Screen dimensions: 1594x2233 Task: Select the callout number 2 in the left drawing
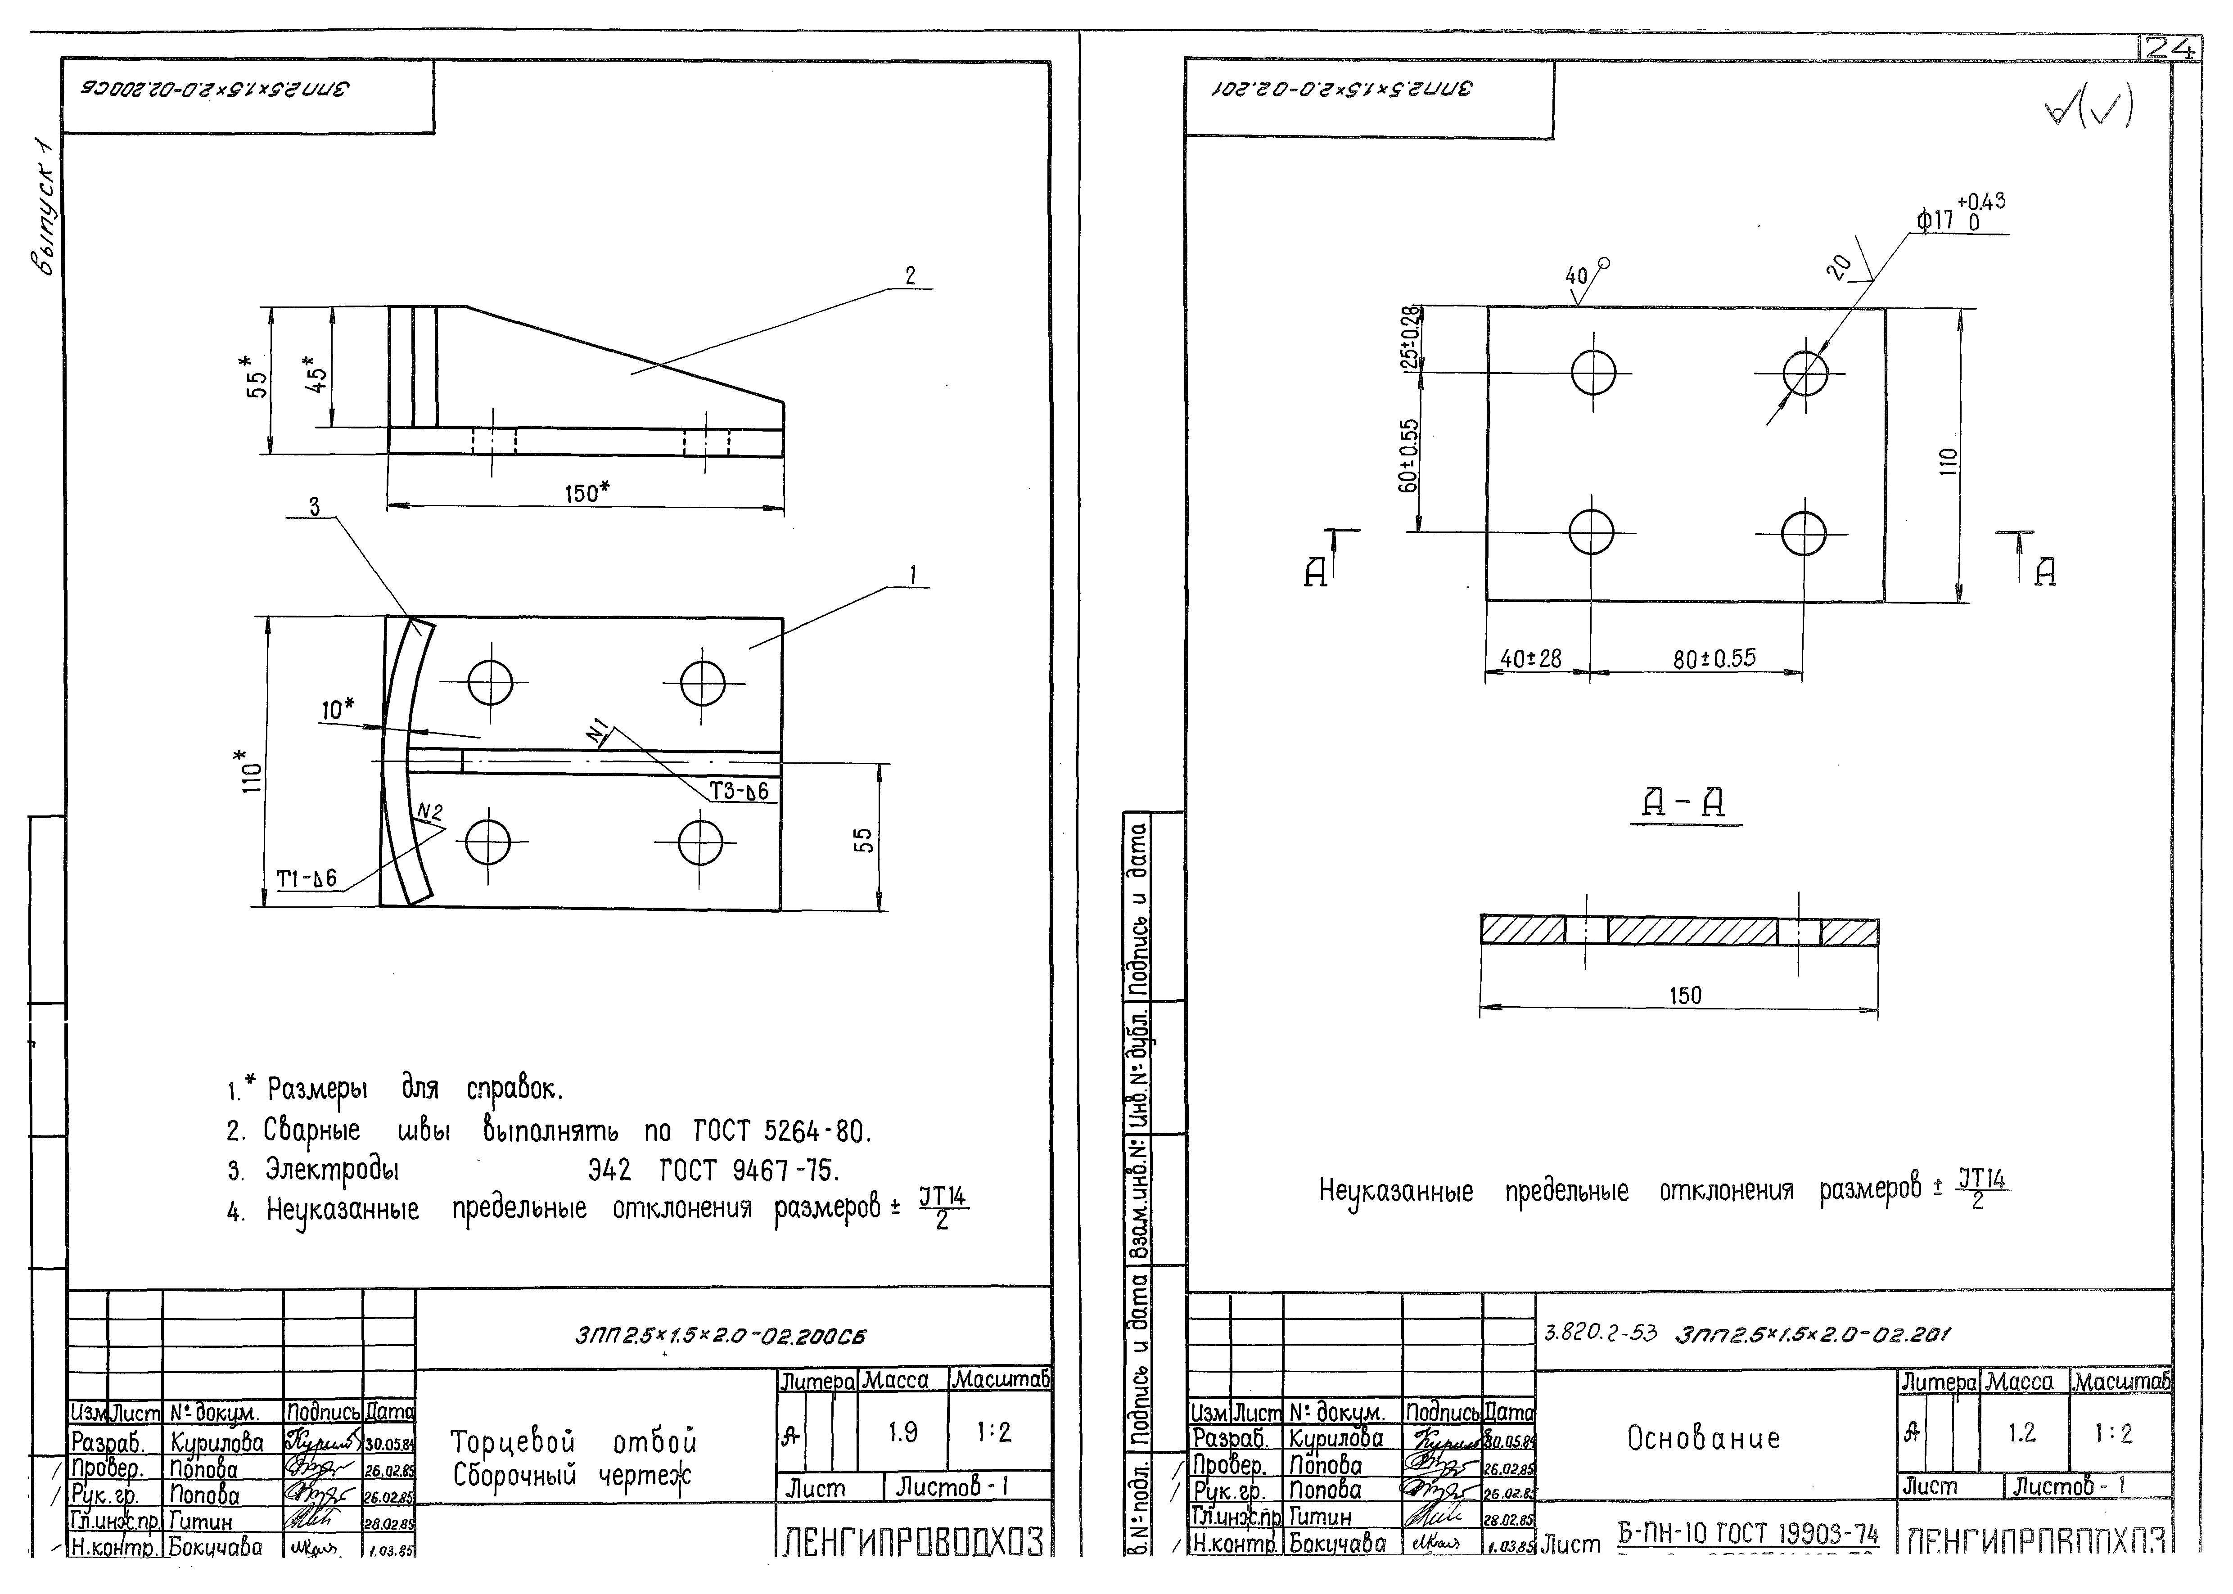(x=910, y=276)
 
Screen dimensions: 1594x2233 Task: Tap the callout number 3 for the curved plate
(x=314, y=506)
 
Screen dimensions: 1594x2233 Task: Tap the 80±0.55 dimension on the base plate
(x=1714, y=657)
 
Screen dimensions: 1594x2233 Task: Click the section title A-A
(x=1684, y=805)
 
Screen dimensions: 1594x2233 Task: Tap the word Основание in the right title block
(x=1703, y=1439)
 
